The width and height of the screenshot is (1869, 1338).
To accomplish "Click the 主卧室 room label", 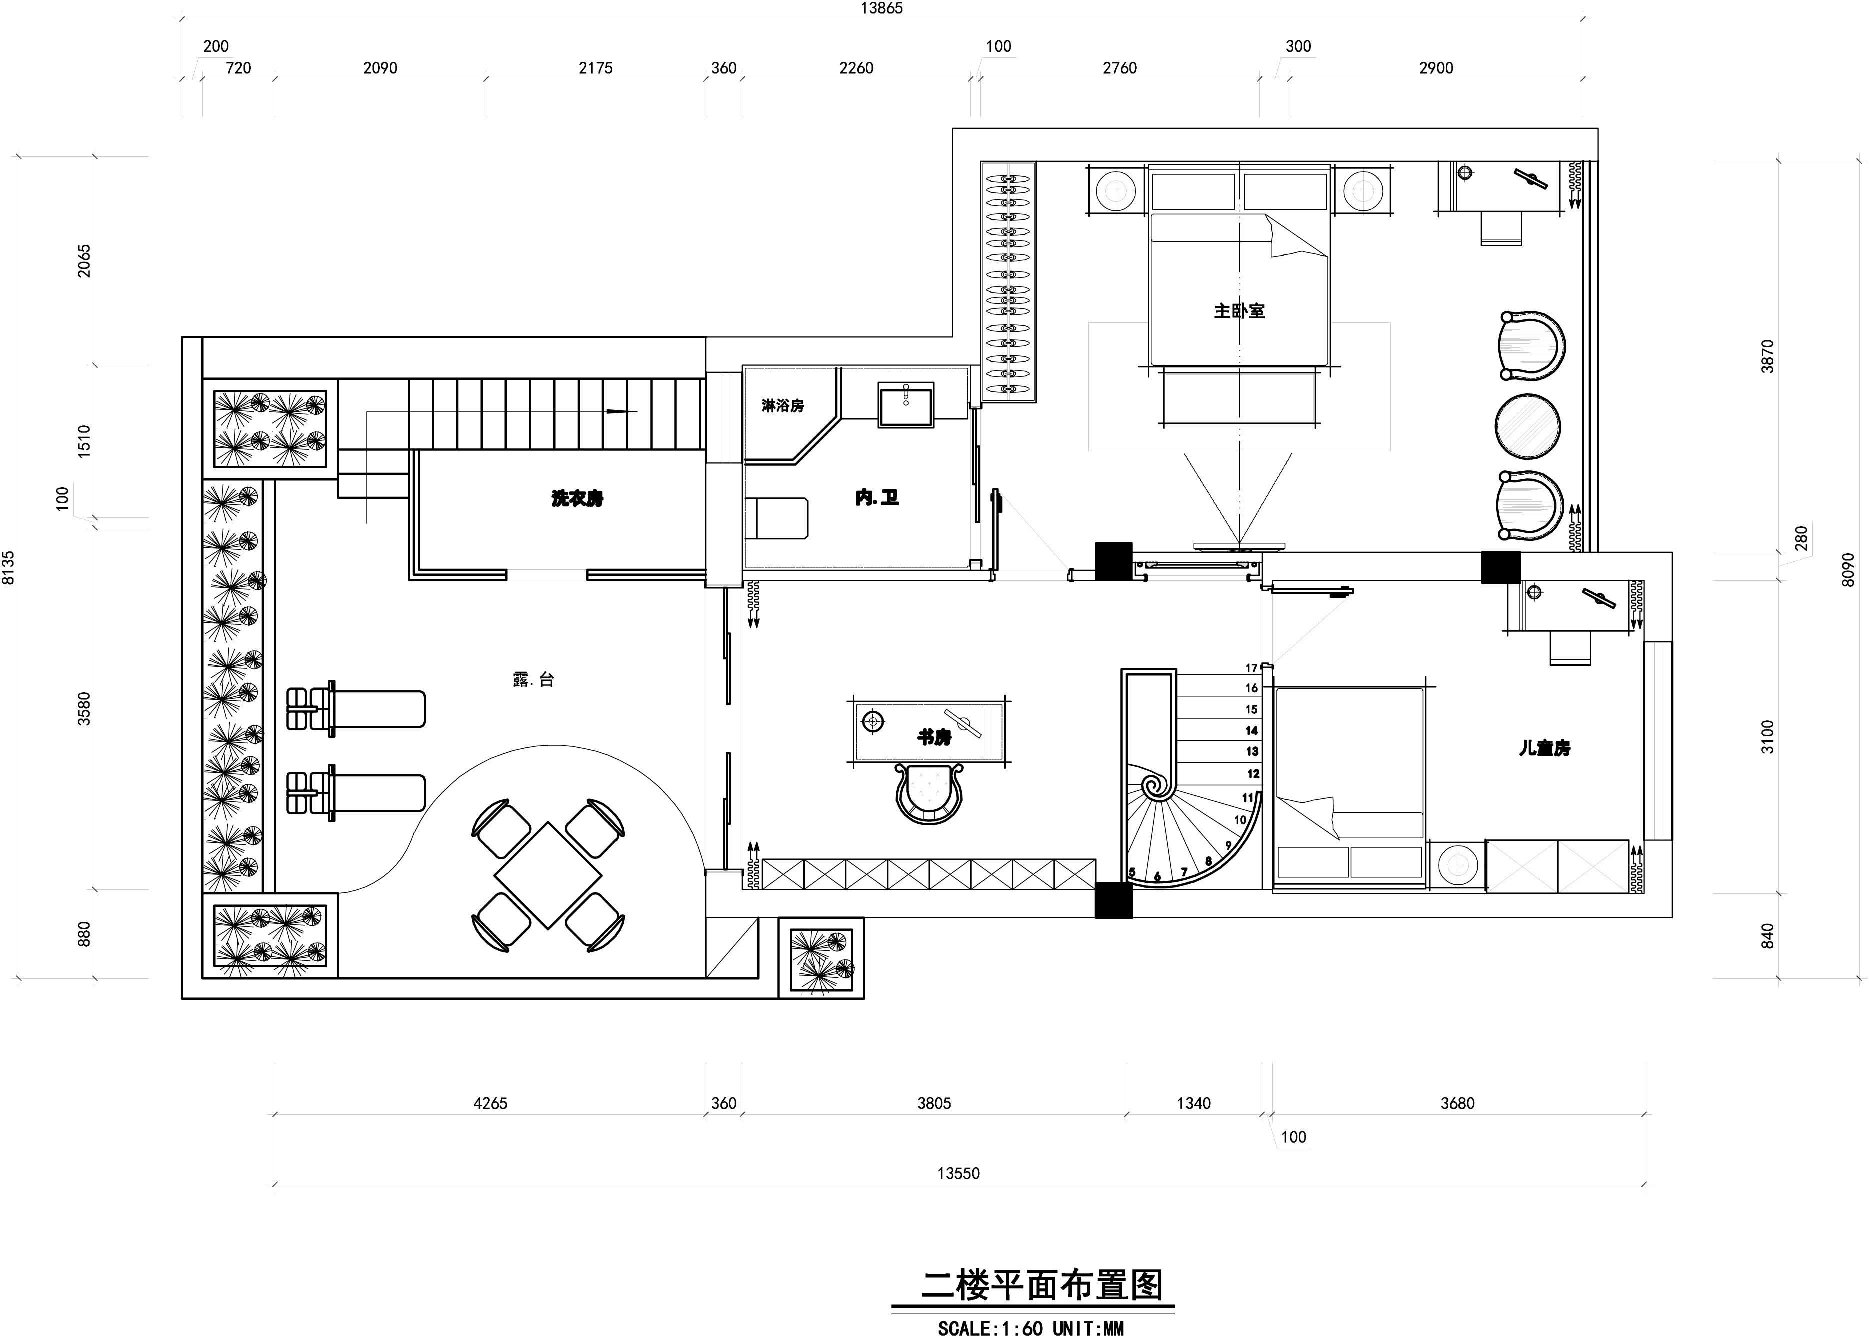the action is pyautogui.click(x=1239, y=311).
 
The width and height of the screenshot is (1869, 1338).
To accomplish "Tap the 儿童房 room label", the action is pyautogui.click(x=1545, y=748).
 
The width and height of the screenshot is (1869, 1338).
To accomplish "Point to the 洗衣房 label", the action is pyautogui.click(x=577, y=498).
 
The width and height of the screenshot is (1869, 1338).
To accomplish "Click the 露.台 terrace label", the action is pyautogui.click(x=533, y=679).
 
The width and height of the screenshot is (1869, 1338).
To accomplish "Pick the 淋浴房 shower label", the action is pyautogui.click(x=782, y=405).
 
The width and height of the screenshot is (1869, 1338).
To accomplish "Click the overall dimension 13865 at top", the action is pyautogui.click(x=881, y=8).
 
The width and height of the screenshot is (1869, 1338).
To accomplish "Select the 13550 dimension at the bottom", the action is pyautogui.click(x=958, y=1173).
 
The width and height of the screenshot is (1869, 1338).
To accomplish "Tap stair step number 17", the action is pyautogui.click(x=1251, y=668).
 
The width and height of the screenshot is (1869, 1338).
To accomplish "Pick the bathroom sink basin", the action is pyautogui.click(x=905, y=404).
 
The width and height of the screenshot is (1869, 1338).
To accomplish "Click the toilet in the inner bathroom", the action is pyautogui.click(x=776, y=518).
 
